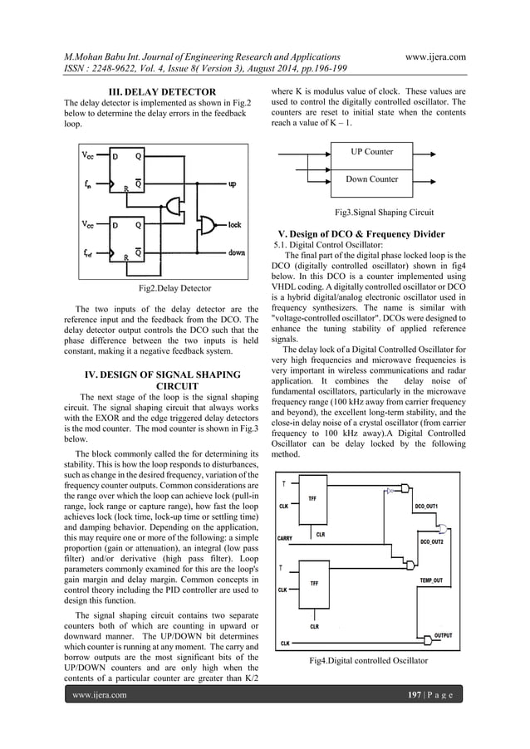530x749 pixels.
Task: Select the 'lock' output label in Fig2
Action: pyautogui.click(x=234, y=223)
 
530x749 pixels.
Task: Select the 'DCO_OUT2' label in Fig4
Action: pyautogui.click(x=435, y=542)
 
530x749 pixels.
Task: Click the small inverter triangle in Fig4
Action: pyautogui.click(x=390, y=492)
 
